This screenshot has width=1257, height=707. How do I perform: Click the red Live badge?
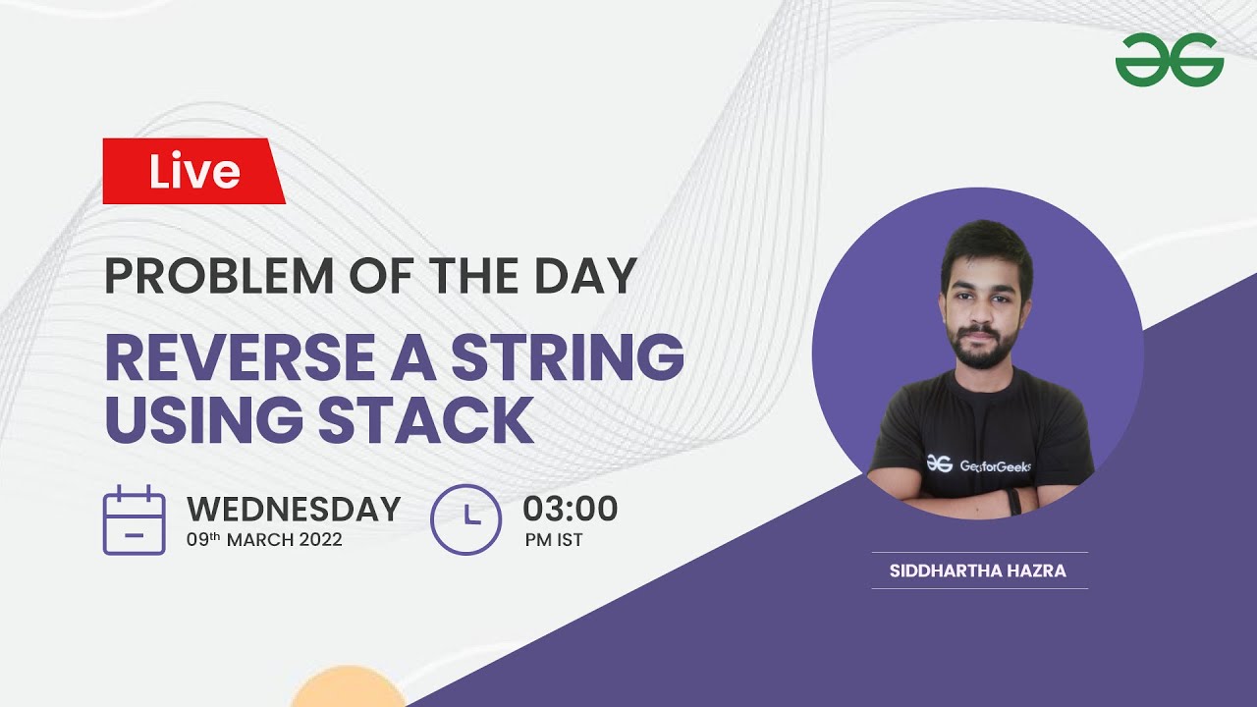click(x=193, y=172)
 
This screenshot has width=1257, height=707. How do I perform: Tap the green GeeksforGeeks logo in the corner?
click(x=1169, y=60)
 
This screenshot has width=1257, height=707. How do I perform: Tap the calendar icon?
click(x=134, y=520)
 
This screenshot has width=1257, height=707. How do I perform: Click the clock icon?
click(x=465, y=519)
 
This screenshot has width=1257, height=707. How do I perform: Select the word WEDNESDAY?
click(x=294, y=509)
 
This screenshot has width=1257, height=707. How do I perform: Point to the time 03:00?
click(x=570, y=509)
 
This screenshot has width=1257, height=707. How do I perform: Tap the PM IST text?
click(x=555, y=539)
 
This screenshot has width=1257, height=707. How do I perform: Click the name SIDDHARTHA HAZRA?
click(x=977, y=571)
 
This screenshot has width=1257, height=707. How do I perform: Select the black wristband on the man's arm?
click(x=1013, y=501)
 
